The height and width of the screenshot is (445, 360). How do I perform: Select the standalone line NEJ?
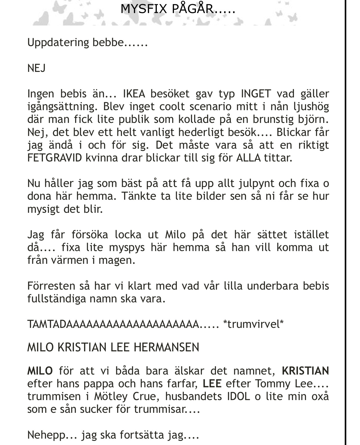pyautogui.click(x=36, y=68)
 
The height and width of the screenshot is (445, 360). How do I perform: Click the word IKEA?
pyautogui.click(x=134, y=94)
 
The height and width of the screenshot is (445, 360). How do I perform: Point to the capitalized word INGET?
pyautogui.click(x=256, y=94)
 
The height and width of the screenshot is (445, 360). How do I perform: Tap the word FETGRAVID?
pyautogui.click(x=55, y=158)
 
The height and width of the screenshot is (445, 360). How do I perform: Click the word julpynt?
pyautogui.click(x=256, y=183)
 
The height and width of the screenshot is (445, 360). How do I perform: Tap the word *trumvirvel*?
pyautogui.click(x=253, y=324)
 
